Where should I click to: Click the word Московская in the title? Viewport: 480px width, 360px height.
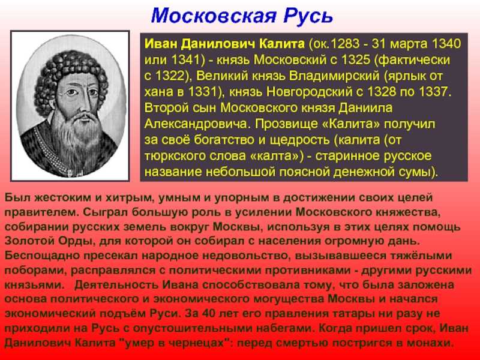point(214,16)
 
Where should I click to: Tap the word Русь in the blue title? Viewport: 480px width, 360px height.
point(308,16)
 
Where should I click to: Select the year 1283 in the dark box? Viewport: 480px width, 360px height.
point(346,44)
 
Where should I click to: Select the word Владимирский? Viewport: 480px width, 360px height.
point(334,76)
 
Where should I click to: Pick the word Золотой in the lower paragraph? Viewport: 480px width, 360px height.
point(24,241)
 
